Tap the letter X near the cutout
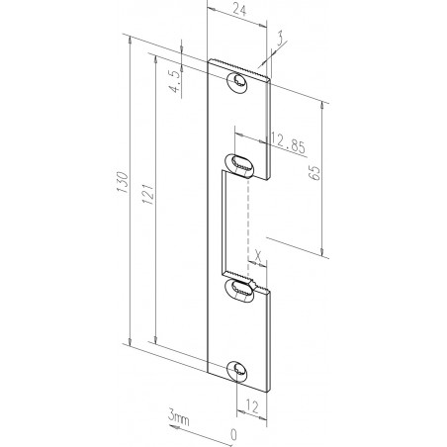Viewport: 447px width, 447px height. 258,253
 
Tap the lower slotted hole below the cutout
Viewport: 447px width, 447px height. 240,289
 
